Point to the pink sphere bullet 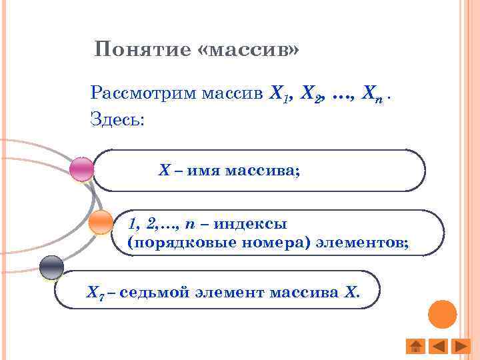pyautogui.click(x=82, y=169)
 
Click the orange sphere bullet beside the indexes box pyautogui.click(x=101, y=221)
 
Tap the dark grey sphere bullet pyautogui.click(x=51, y=268)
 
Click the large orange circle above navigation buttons pyautogui.click(x=441, y=315)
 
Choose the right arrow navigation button pyautogui.click(x=460, y=346)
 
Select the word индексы pyautogui.click(x=254, y=224)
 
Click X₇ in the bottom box pyautogui.click(x=95, y=292)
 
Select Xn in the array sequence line pyautogui.click(x=372, y=94)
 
